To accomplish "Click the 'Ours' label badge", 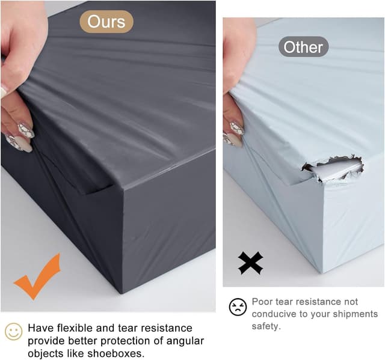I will [106, 22].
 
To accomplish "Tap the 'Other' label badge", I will [303, 47].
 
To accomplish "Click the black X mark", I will [250, 263].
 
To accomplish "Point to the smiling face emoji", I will [13, 332].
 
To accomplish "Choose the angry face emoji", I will [238, 307].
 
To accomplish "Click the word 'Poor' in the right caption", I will [263, 301].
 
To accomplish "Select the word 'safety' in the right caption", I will [265, 326].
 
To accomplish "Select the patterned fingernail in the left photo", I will [25, 130].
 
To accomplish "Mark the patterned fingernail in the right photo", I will [236, 128].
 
